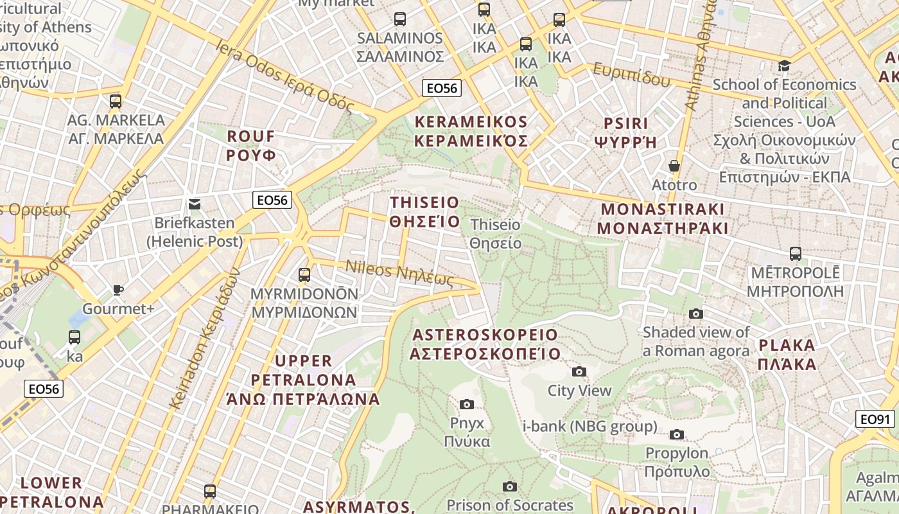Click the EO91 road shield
point(875,420)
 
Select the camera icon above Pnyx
point(467,404)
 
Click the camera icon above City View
point(579,371)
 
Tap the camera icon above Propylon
point(676,434)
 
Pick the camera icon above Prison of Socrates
point(510,486)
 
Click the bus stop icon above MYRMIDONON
point(304,275)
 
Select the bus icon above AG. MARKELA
point(116,101)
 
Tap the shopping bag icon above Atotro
point(674,166)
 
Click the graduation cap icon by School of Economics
point(784,66)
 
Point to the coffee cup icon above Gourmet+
point(118,290)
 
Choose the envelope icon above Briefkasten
point(195,204)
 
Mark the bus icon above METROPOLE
point(796,254)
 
